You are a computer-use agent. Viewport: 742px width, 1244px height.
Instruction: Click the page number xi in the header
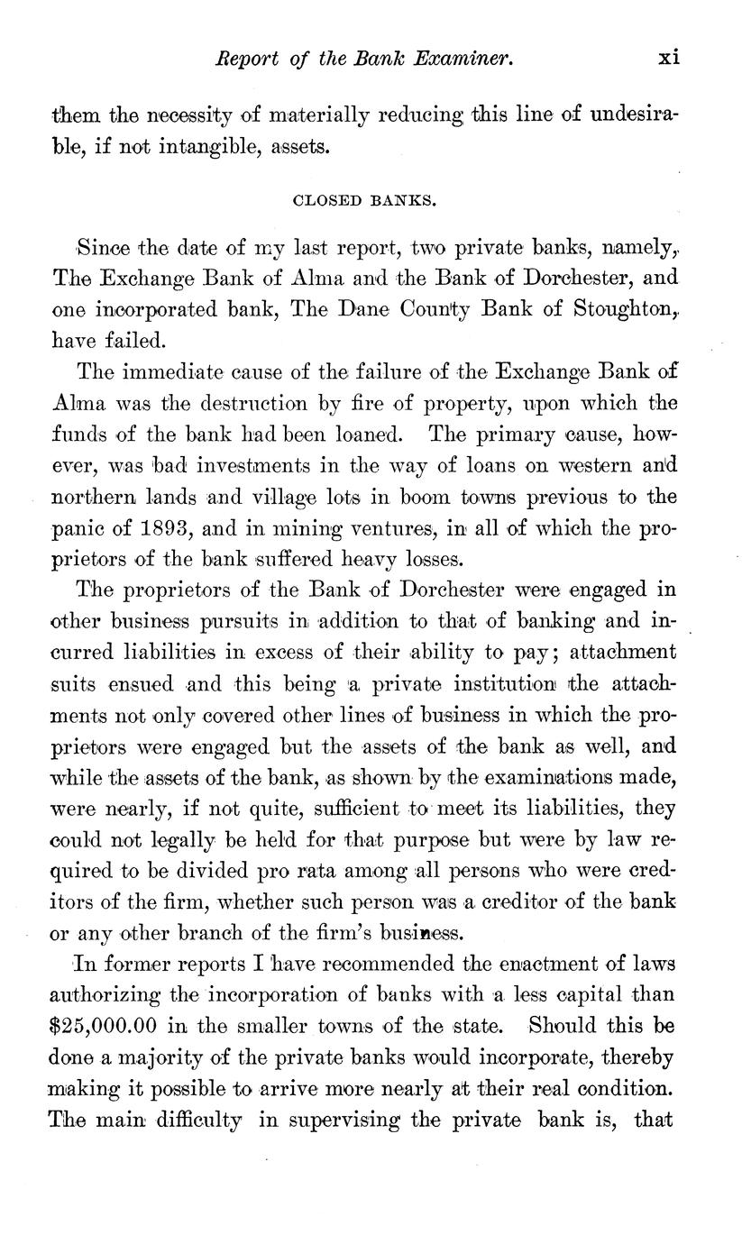click(x=669, y=58)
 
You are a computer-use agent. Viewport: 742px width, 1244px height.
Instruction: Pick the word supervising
click(x=343, y=1121)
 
